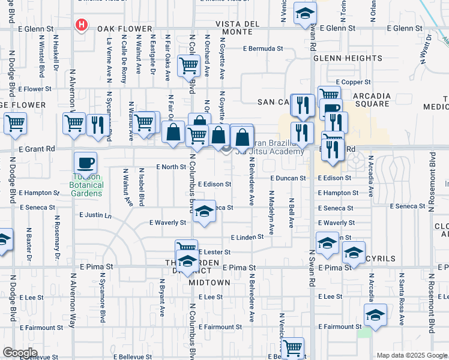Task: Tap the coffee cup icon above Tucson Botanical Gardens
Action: pyautogui.click(x=85, y=162)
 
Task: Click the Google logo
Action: pyautogui.click(x=20, y=353)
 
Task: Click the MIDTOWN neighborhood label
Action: pyautogui.click(x=209, y=282)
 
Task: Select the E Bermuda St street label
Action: pyautogui.click(x=263, y=49)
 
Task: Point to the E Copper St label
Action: pyautogui.click(x=354, y=82)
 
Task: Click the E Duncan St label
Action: pyautogui.click(x=289, y=178)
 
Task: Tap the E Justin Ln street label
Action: pyautogui.click(x=95, y=215)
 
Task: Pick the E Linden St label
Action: pyautogui.click(x=247, y=238)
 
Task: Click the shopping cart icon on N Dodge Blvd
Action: pyautogui.click(x=15, y=124)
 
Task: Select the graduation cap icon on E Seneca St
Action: pyautogui.click(x=204, y=212)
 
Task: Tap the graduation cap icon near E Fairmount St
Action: pyautogui.click(x=375, y=314)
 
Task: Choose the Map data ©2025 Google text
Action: pyautogui.click(x=412, y=355)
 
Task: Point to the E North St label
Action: pyautogui.click(x=168, y=167)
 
